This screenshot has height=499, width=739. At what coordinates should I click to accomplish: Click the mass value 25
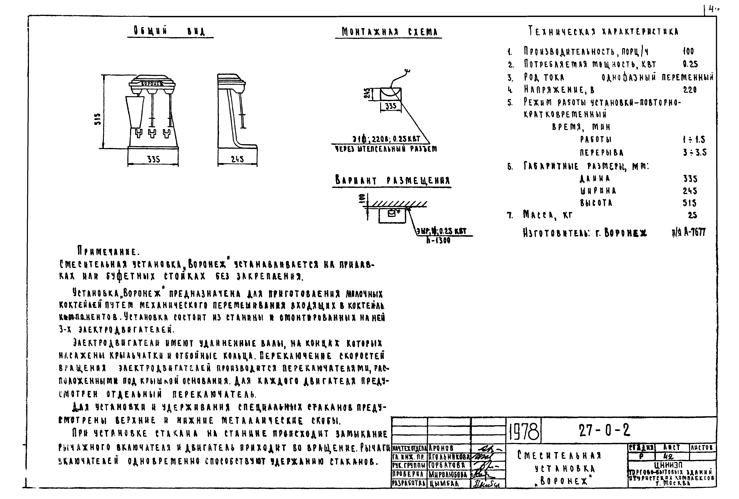(x=692, y=215)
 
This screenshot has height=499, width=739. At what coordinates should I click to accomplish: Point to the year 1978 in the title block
(x=524, y=432)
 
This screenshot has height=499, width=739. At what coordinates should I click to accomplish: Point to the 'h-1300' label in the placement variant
(x=438, y=241)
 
